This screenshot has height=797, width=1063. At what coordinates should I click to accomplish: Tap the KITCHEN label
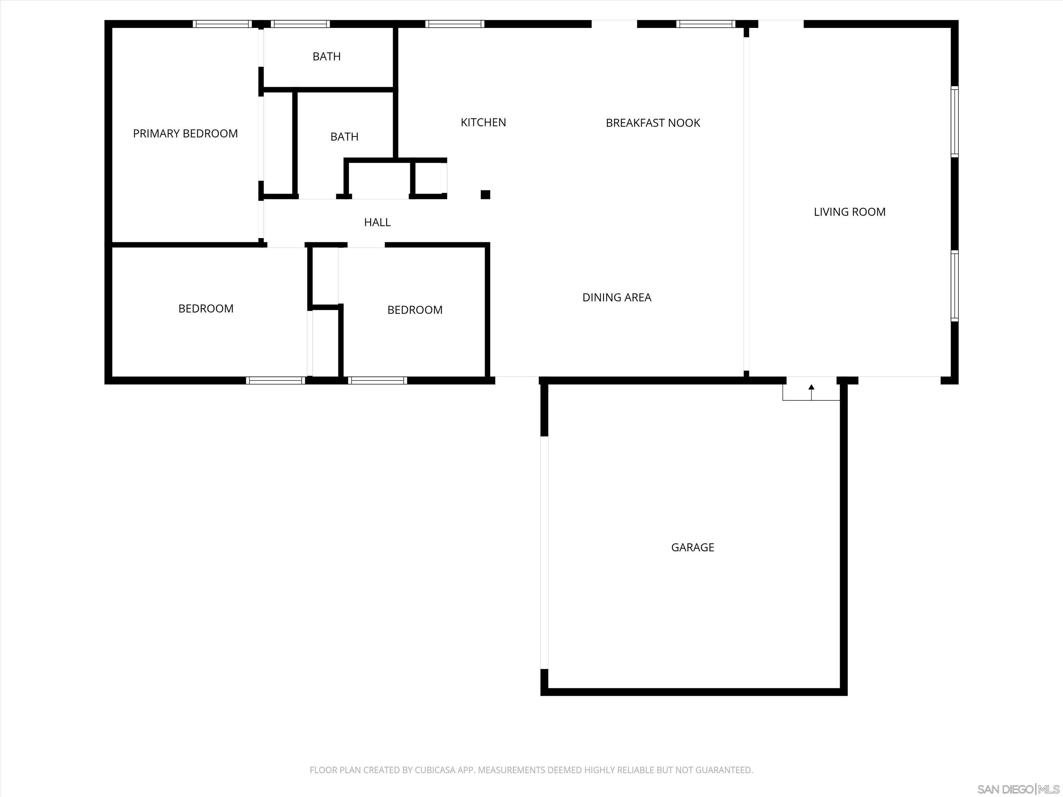point(483,123)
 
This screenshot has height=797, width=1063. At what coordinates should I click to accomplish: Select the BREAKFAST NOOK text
point(653,123)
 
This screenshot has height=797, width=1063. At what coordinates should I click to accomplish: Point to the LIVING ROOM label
point(849,212)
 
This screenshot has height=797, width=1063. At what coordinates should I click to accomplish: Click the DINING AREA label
point(617,298)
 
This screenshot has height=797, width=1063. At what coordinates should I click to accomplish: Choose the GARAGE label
point(692,547)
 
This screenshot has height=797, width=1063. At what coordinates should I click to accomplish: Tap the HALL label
point(377,222)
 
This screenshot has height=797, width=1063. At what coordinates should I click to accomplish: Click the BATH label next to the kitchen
point(344,137)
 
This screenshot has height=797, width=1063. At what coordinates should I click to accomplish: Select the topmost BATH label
point(326,57)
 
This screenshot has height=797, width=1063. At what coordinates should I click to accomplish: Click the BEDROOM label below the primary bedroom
point(206,309)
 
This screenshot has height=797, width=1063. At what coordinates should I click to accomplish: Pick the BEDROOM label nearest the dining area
point(415,310)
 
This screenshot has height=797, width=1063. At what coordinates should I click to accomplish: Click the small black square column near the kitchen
point(485,194)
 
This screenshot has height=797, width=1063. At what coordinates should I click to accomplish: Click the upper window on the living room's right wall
point(954,121)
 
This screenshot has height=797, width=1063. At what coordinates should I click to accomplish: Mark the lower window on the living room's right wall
point(954,286)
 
